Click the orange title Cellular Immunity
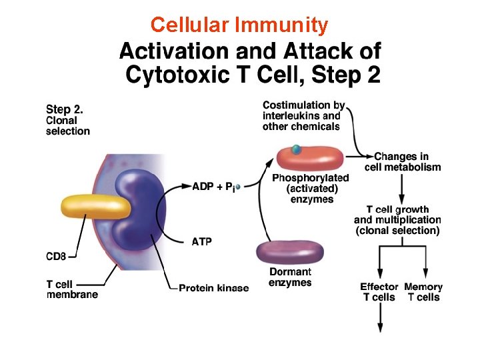point(239,25)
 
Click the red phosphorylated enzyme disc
point(310,157)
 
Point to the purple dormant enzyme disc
point(290,252)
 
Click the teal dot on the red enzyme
point(296,149)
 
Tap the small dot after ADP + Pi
point(238,187)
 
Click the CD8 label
point(57,255)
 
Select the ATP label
point(202,241)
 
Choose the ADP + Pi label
point(212,187)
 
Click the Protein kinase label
point(213,288)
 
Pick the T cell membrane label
point(72,289)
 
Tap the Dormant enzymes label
point(290,277)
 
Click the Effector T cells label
point(379,292)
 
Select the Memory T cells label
point(423,292)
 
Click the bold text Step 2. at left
point(65,109)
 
